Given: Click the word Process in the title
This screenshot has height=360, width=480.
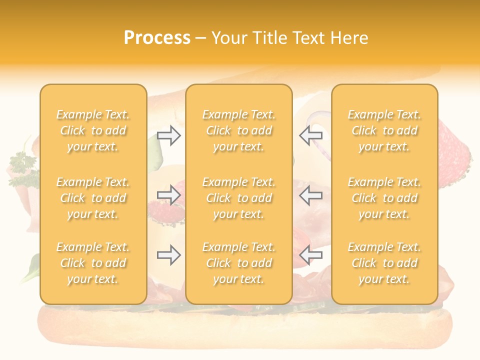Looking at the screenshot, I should point(157,38).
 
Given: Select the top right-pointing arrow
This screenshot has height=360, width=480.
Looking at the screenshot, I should point(168,135).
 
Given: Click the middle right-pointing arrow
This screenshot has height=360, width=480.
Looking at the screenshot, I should point(168,195).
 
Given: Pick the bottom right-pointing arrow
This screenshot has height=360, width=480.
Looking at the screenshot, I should point(168,255).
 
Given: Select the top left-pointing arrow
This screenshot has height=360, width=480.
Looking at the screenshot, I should point(311,134).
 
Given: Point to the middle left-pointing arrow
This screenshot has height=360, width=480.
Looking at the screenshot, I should point(311,195).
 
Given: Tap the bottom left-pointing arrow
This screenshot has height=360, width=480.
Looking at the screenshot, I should point(311,255).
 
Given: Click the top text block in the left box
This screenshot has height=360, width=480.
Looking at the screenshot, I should point(93,130).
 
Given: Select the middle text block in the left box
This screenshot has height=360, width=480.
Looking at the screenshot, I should point(93,198).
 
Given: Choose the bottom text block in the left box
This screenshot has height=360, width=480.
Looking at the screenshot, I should point(93,263).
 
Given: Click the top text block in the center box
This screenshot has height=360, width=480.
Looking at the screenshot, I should point(239,130).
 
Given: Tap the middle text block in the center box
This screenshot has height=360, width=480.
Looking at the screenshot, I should point(239,198).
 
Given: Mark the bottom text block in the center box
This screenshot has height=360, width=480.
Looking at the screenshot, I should point(239,263).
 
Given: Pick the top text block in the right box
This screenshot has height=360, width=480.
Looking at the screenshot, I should point(384,130).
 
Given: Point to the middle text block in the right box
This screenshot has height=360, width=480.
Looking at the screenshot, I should point(384,198).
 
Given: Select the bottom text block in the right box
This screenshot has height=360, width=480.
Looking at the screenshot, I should point(384,263).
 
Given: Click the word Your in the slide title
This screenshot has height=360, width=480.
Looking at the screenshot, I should point(228,38).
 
